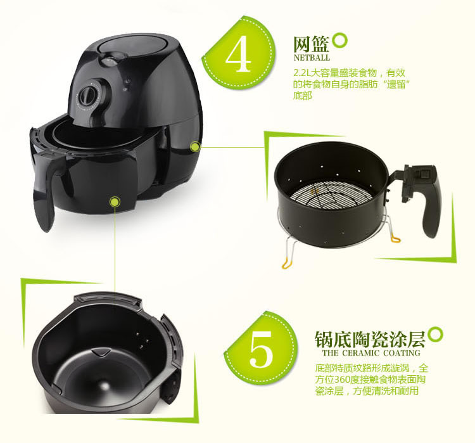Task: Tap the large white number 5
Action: tap(261, 348)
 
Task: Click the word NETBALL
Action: tap(312, 58)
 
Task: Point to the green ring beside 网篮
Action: tap(340, 41)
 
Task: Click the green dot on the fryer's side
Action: tap(195, 146)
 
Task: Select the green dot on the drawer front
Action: tap(115, 202)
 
